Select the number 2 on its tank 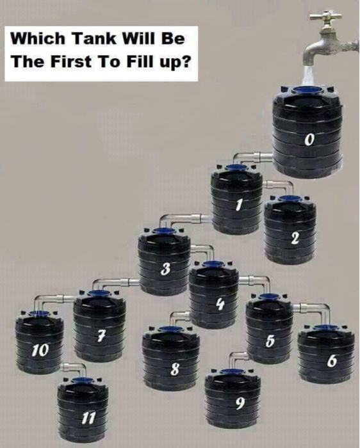click(x=295, y=239)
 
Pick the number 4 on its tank click(x=219, y=305)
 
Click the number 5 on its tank click(x=270, y=340)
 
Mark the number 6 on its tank click(x=331, y=361)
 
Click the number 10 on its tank click(x=40, y=351)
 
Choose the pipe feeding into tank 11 click(x=74, y=367)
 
